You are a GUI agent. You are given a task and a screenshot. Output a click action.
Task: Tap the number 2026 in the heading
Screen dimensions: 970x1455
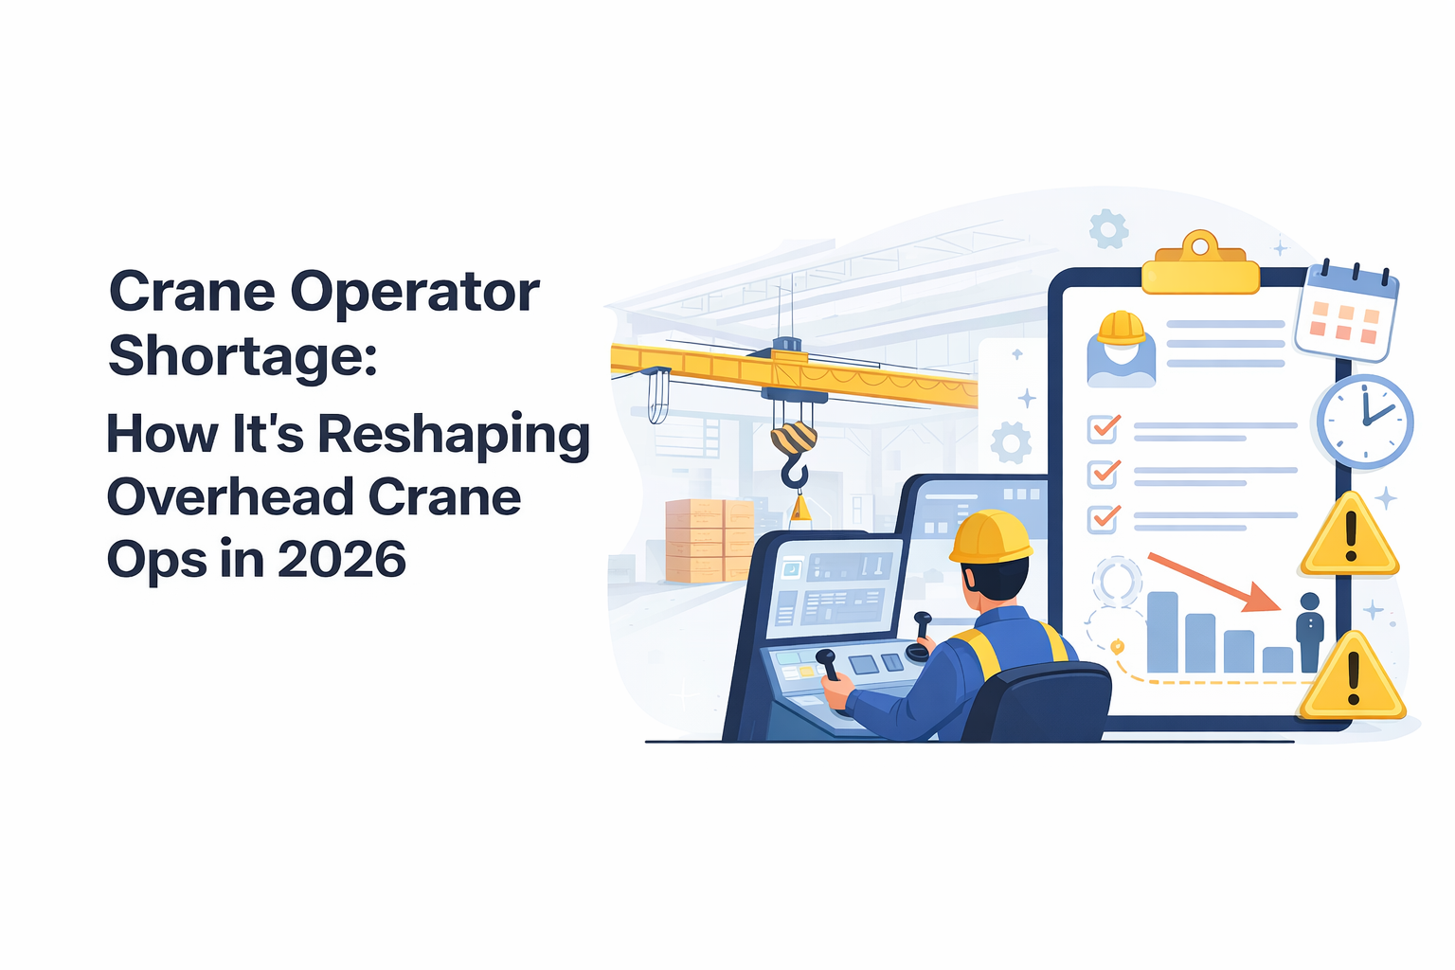342,559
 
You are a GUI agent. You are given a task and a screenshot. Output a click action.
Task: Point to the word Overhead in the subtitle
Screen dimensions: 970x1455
228,497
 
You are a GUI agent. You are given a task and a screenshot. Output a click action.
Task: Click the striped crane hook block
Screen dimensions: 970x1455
794,439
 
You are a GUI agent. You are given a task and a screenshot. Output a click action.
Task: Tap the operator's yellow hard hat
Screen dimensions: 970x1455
990,537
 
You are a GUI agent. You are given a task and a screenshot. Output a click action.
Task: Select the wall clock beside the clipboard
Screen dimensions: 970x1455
1364,422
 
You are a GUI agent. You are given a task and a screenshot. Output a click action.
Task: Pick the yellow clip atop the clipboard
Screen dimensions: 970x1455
1200,265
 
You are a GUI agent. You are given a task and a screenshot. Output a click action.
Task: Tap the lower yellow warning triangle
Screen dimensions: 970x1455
1352,679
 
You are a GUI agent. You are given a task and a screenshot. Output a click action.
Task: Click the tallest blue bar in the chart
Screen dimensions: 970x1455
1162,632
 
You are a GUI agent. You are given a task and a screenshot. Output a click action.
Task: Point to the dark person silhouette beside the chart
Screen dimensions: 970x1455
1310,631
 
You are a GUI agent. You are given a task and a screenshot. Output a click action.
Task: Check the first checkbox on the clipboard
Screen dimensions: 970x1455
1103,429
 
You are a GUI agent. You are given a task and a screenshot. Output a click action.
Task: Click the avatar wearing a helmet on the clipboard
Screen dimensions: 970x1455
1122,350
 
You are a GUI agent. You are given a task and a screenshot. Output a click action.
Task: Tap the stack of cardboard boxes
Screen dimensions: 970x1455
709,540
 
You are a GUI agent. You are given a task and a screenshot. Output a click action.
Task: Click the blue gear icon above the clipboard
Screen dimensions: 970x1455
1107,228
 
